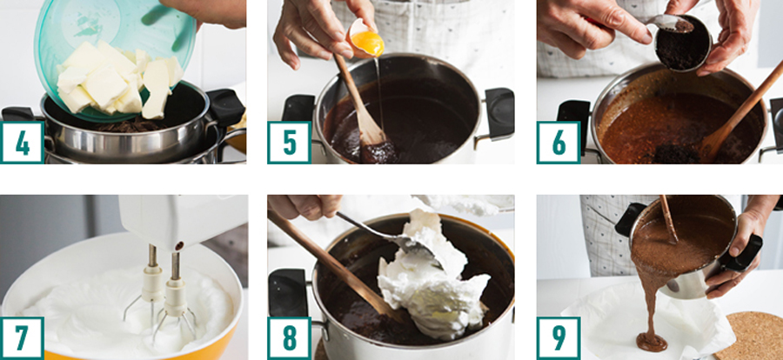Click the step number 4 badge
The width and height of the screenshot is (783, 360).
pyautogui.click(x=22, y=143)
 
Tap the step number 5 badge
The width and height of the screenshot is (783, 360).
pyautogui.click(x=289, y=143)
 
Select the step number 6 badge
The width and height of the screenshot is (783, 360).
pyautogui.click(x=559, y=143)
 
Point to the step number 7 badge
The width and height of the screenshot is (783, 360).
pyautogui.click(x=22, y=338)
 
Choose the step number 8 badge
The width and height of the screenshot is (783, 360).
pyautogui.click(x=289, y=338)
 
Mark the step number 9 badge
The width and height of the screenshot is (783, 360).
pyautogui.click(x=559, y=338)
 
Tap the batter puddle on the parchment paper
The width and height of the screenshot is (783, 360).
pyautogui.click(x=651, y=343)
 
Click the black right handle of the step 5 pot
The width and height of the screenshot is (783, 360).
pyautogui.click(x=499, y=114)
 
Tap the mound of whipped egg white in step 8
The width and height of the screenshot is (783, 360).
pyautogui.click(x=430, y=280)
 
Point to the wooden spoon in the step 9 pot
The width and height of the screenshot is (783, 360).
pyautogui.click(x=668, y=219)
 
